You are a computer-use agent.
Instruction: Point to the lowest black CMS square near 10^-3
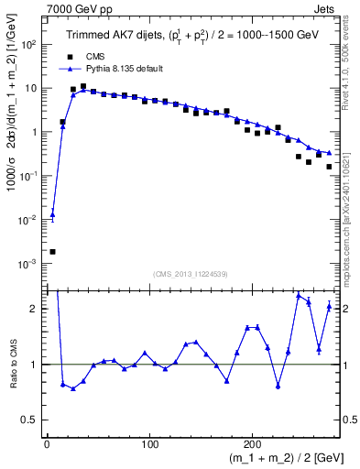tap(52, 251)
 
